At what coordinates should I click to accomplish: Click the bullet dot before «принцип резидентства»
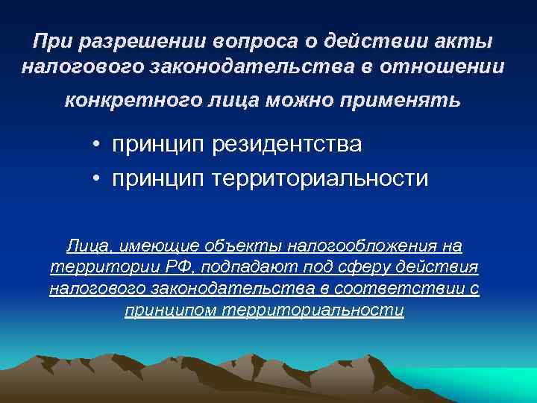[98, 144]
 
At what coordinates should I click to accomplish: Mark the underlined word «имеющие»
[157, 246]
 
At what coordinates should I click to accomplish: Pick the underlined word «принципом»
[171, 310]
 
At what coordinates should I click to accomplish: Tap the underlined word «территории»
[91, 267]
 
